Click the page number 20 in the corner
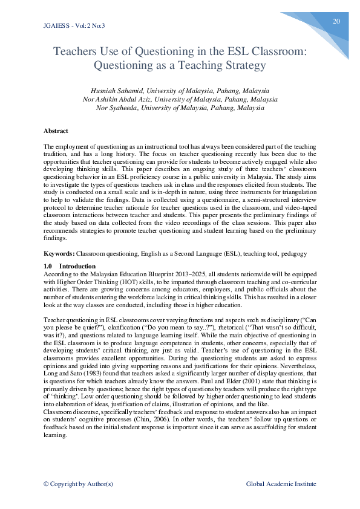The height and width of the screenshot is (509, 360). click(336, 21)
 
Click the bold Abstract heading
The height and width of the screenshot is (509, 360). click(56, 131)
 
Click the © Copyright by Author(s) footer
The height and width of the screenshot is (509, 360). click(78, 484)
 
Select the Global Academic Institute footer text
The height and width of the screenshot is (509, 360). click(281, 484)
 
